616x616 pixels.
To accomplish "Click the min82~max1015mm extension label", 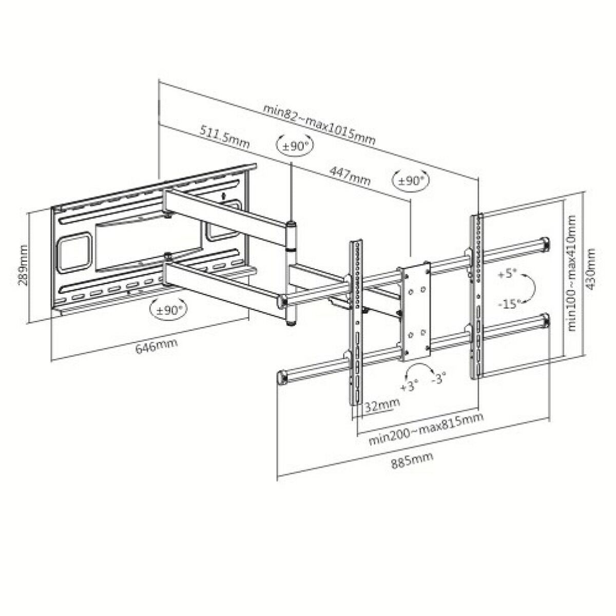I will click(319, 124).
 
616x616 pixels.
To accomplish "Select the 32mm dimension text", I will click(382, 406).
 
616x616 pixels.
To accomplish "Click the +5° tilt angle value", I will click(506, 274).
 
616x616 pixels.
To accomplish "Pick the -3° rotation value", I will click(438, 379).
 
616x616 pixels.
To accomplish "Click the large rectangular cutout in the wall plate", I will click(75, 254).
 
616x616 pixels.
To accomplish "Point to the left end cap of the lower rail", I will click(282, 378).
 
